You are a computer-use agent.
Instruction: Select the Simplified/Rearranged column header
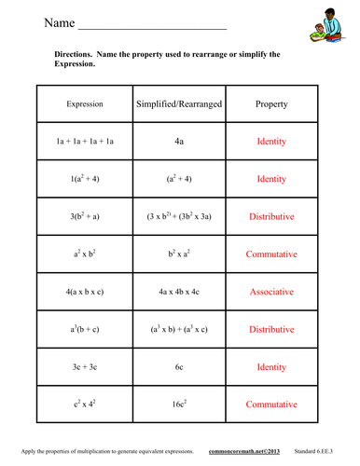pyautogui.click(x=179, y=104)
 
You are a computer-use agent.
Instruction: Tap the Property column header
pyautogui.click(x=271, y=104)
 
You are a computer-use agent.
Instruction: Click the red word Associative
pyautogui.click(x=271, y=291)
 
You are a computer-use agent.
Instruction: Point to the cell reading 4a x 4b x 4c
pyautogui.click(x=179, y=291)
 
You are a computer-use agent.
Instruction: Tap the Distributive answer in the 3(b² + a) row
pyautogui.click(x=271, y=215)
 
